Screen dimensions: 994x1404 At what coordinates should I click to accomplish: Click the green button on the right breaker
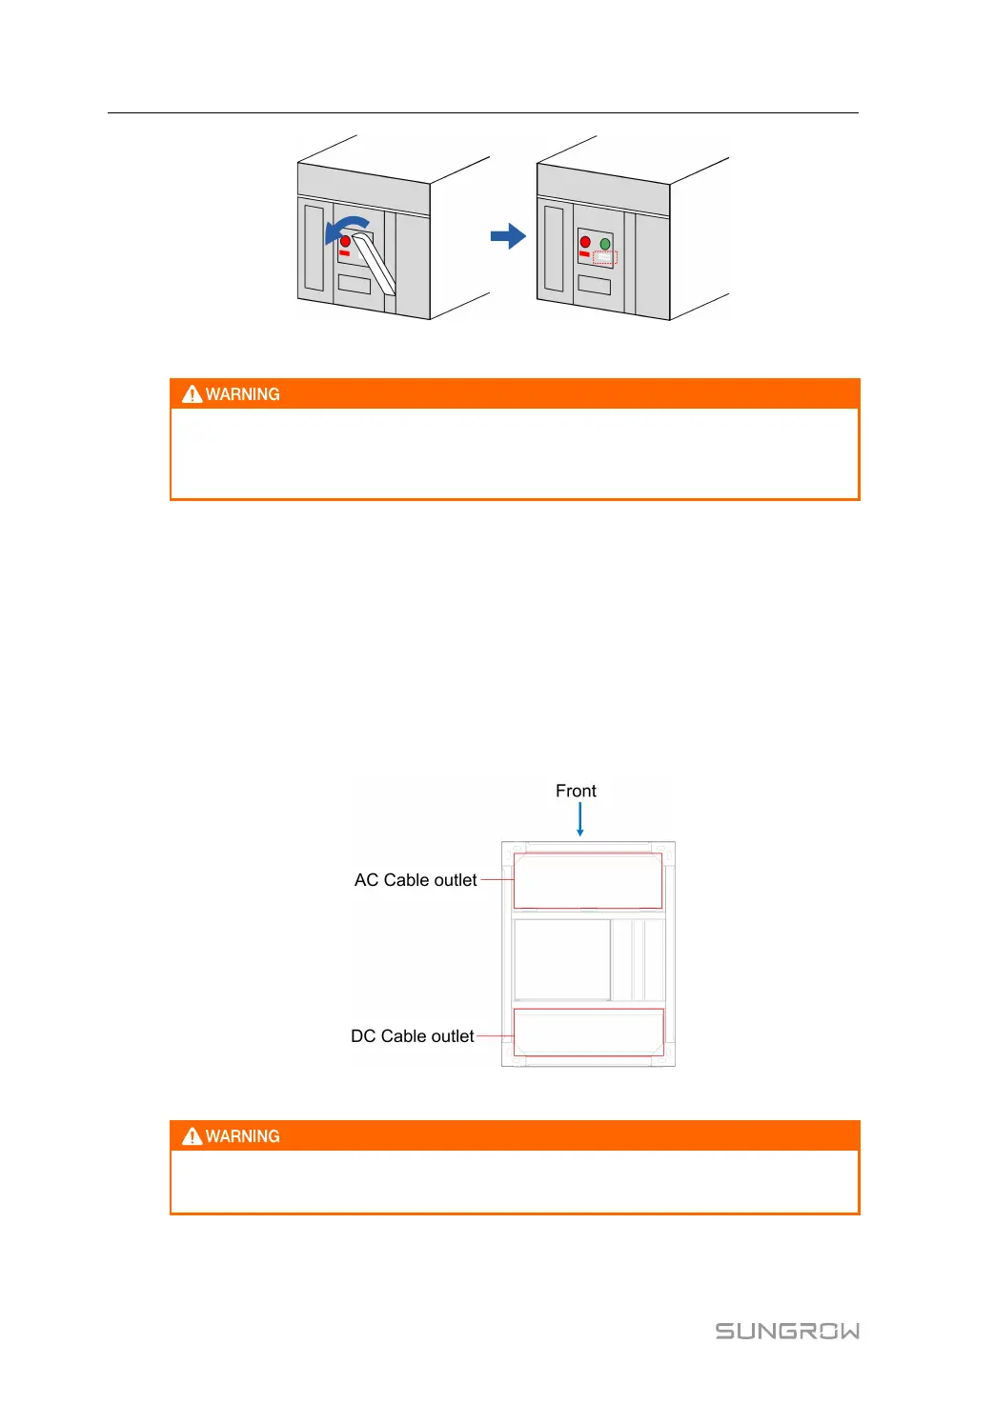[605, 244]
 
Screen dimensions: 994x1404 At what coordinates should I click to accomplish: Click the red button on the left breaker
[345, 242]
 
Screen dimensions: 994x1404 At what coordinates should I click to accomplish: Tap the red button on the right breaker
[585, 242]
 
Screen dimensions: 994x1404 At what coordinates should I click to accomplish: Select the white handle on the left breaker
[375, 262]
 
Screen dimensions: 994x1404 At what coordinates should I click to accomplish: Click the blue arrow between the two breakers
[508, 236]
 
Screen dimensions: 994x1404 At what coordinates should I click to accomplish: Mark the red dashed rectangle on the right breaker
[605, 258]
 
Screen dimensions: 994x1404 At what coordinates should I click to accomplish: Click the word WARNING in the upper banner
[243, 394]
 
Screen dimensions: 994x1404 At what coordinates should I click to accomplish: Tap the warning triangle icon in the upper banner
[193, 394]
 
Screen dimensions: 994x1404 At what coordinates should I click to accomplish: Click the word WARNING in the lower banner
[243, 1136]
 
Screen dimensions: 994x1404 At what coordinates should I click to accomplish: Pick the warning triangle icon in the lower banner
[193, 1136]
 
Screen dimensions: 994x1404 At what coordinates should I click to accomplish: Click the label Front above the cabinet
[576, 792]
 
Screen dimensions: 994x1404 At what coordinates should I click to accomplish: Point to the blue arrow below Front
[579, 819]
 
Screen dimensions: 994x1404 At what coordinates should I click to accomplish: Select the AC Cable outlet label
[416, 880]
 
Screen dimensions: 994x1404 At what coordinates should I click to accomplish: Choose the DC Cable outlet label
[412, 1036]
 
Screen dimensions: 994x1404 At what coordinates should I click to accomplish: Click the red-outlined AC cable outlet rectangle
[587, 881]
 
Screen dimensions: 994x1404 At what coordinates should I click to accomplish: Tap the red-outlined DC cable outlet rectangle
[588, 1032]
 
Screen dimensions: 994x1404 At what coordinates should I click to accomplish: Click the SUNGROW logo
[787, 1331]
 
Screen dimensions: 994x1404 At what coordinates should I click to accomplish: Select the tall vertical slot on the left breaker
[314, 248]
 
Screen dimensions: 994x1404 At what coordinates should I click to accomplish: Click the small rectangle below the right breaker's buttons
[594, 285]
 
